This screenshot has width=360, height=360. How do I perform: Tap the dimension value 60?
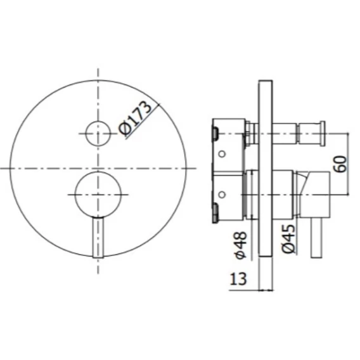click(x=342, y=164)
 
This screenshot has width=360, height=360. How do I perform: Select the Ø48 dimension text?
click(x=241, y=245)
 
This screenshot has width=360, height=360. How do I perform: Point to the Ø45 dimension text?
click(x=288, y=239)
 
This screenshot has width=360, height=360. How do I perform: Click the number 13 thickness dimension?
click(x=238, y=279)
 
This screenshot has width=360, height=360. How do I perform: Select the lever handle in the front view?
click(x=98, y=237)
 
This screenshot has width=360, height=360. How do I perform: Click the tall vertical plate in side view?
click(x=266, y=169)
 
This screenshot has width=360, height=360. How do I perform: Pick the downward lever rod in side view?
click(x=316, y=238)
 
